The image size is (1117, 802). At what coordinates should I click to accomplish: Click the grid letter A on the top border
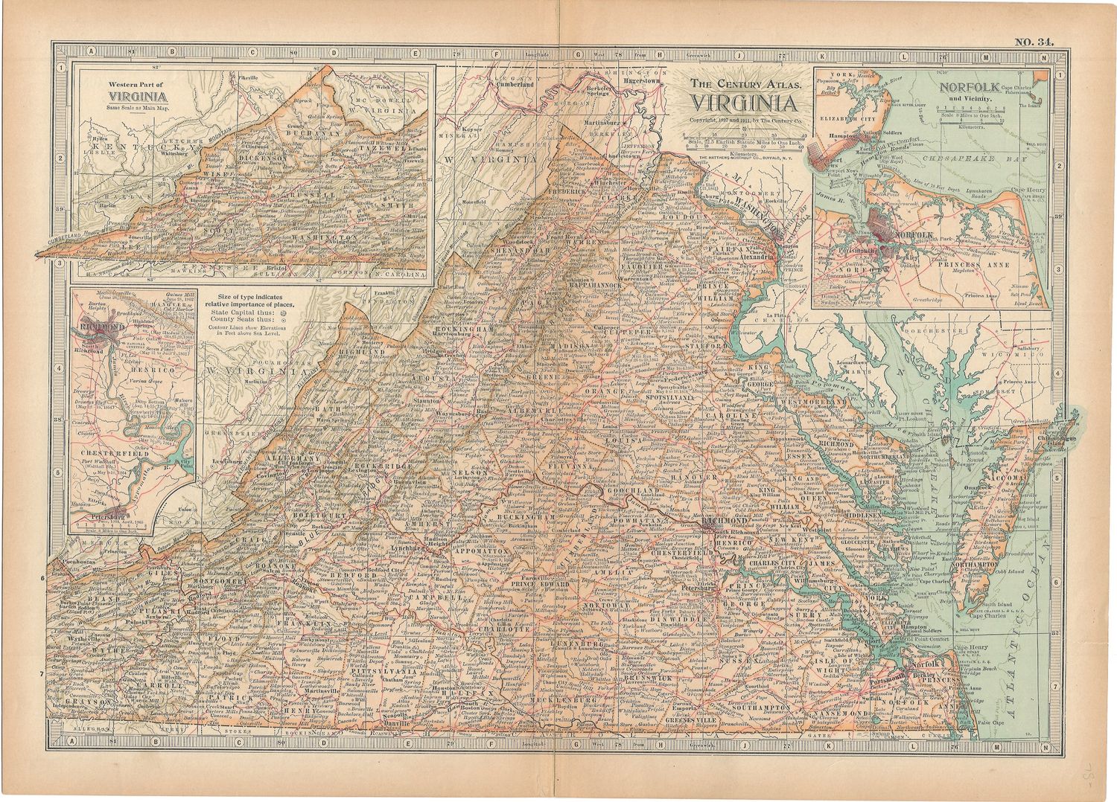click(x=91, y=52)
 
